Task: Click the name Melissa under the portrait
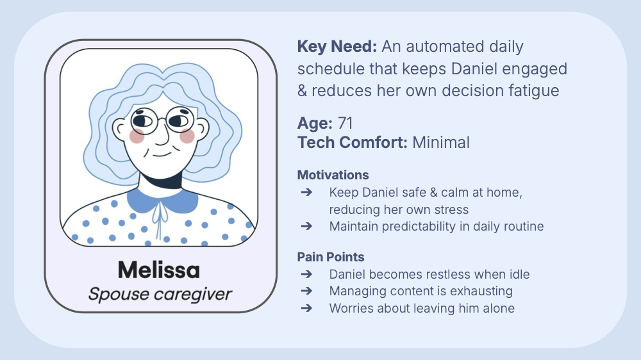click(x=158, y=270)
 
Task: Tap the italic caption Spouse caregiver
click(x=160, y=294)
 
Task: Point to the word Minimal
click(x=441, y=142)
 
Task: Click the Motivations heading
click(x=333, y=175)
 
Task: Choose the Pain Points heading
click(x=331, y=257)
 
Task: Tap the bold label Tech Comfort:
click(x=352, y=142)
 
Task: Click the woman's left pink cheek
click(x=137, y=136)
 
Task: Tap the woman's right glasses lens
click(x=180, y=120)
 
